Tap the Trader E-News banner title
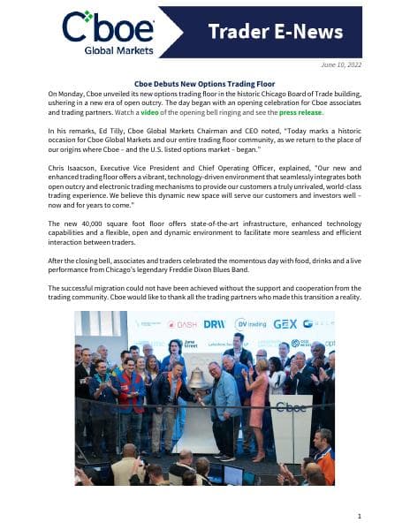point(275,33)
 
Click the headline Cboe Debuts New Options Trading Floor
point(204,82)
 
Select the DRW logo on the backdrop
point(214,324)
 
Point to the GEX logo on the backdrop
point(285,324)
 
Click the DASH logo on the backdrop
point(183,324)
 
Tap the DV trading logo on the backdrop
point(250,324)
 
